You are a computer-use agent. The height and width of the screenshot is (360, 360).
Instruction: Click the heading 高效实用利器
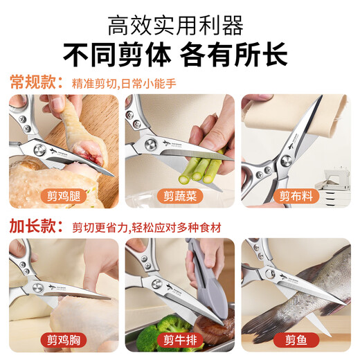[x=180, y=26]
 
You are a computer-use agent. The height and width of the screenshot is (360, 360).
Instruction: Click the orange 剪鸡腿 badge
[x=64, y=195]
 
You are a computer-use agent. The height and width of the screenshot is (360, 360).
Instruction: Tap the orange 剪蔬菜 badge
[x=180, y=195]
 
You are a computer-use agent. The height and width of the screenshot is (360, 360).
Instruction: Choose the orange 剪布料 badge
[x=296, y=195]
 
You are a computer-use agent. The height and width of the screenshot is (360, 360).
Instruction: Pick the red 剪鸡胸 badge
[x=64, y=339]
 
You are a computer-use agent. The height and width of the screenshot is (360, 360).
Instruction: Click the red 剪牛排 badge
[x=180, y=339]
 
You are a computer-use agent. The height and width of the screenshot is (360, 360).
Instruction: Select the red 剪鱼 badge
[x=296, y=339]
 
